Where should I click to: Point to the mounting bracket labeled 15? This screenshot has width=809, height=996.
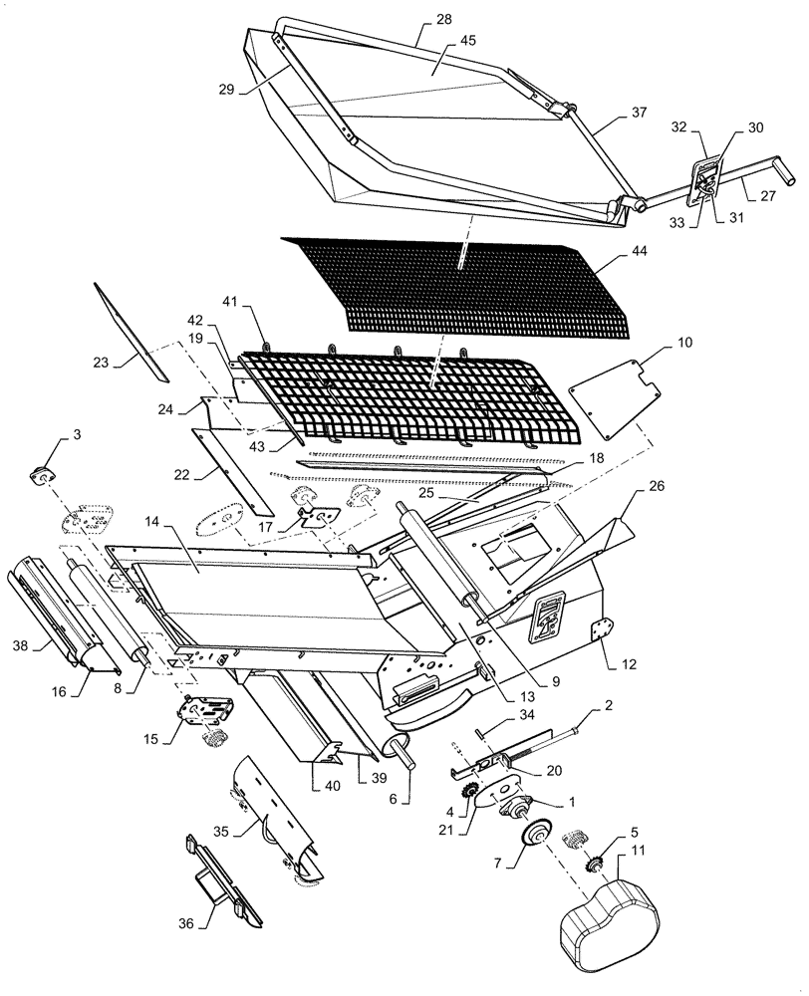coord(207,710)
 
